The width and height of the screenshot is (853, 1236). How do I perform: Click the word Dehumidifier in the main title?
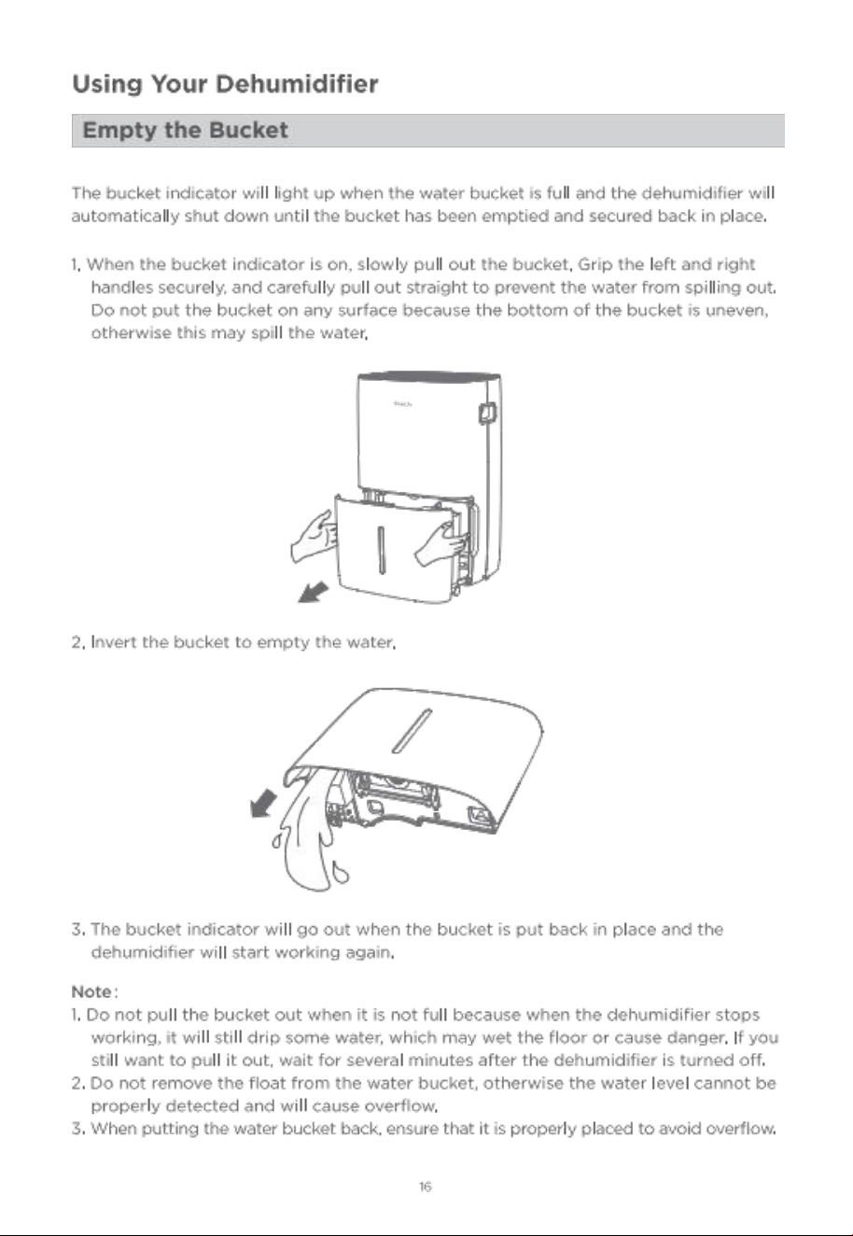tap(297, 84)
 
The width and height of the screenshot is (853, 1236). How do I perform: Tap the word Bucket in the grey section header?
tap(248, 130)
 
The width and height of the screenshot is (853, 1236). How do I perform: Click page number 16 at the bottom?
tap(425, 1187)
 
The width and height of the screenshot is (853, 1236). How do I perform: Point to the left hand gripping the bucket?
tap(313, 537)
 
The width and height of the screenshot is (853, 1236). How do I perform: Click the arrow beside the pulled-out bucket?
tap(314, 593)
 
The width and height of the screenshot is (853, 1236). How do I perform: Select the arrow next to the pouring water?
tap(263, 804)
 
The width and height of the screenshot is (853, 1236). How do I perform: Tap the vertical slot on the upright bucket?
tap(381, 550)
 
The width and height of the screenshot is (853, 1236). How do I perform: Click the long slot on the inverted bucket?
tap(412, 731)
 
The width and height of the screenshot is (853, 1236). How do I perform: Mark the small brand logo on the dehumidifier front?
tap(403, 404)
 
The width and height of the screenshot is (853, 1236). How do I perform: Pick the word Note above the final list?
tap(91, 991)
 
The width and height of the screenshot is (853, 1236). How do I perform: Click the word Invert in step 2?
tap(114, 642)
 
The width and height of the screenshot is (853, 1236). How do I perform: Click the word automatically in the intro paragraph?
tap(125, 217)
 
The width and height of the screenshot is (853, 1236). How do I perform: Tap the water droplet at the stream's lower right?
tap(340, 872)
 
